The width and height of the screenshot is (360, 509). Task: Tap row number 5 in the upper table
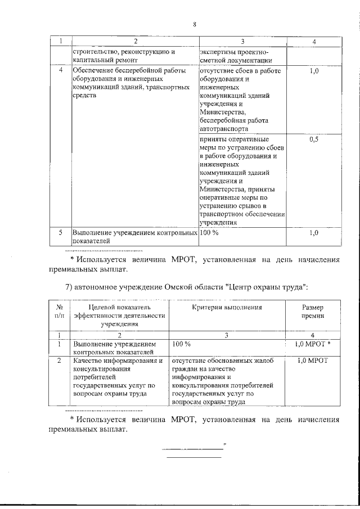61,232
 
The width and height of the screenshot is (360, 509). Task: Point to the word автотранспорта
224,128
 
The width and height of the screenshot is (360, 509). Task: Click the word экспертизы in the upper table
219,52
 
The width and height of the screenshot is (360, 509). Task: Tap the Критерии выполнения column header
227,308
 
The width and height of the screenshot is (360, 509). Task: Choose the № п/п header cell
59,312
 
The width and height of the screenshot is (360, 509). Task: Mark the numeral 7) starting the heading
69,287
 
